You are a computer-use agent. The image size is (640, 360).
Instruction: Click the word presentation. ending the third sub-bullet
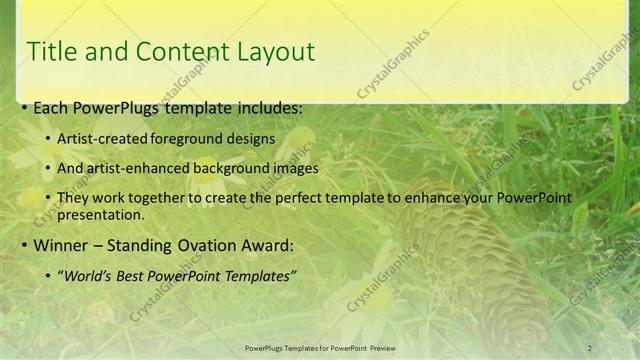101,214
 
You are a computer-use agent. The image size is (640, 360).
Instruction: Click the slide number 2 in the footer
590,348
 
